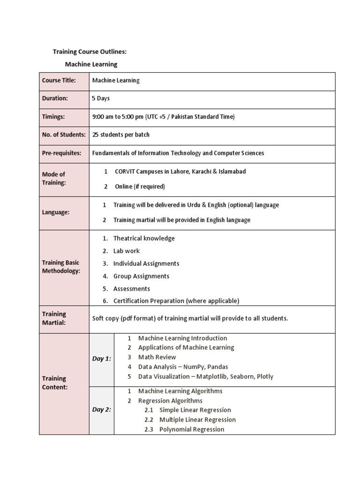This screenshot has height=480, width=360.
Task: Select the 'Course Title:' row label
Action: pos(59,81)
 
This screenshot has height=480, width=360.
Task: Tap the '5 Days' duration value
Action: pos(101,98)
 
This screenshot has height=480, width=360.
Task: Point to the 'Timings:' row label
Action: pos(53,117)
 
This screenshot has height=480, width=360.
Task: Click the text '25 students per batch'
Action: pos(121,135)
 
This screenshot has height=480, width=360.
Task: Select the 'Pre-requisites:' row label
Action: pos(61,153)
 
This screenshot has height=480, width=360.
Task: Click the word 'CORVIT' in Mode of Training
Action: pos(127,172)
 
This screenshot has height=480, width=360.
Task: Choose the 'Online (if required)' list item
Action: pos(140,187)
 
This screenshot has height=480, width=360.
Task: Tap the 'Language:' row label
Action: pos(56,212)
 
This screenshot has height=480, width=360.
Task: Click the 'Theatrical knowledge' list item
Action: pos(143,239)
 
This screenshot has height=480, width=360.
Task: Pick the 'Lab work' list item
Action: pos(126,251)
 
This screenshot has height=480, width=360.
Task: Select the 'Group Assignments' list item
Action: pos(141,277)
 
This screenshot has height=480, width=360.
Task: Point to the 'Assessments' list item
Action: pos(131,289)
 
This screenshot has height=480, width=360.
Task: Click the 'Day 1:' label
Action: pos(102,359)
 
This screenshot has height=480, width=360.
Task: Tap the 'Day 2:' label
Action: pos(102,410)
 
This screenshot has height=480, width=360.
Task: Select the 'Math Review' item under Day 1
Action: pos(157,357)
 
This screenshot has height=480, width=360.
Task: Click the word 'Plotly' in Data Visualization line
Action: pos(263,376)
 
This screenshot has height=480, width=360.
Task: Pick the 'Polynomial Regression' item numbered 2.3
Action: pos(192,429)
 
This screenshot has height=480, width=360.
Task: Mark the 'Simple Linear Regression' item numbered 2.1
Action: pos(195,410)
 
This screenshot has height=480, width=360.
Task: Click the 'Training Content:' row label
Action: pos(54,383)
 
